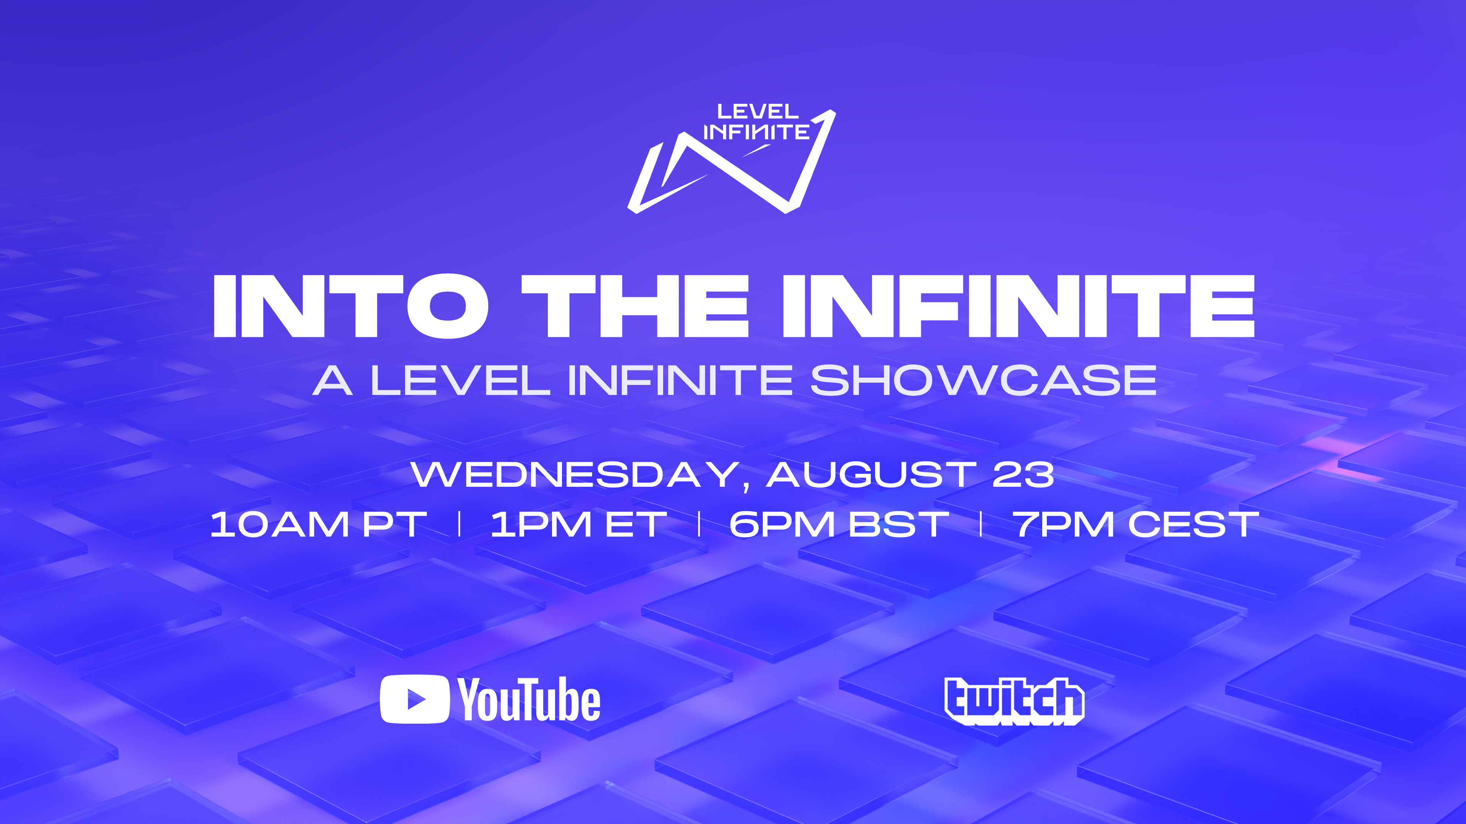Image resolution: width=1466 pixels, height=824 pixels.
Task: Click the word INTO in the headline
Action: click(x=350, y=306)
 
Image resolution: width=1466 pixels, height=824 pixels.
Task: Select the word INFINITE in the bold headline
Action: click(x=1019, y=306)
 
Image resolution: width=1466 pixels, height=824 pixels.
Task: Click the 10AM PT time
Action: click(x=319, y=524)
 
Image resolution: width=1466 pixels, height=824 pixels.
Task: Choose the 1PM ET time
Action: click(x=579, y=524)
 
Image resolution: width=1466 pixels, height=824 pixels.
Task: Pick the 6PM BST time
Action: click(x=839, y=524)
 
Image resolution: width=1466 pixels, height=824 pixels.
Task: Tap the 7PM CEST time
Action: click(x=1136, y=524)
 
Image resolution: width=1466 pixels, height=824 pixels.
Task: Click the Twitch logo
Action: click(x=1014, y=701)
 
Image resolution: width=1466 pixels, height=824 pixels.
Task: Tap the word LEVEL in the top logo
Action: click(x=757, y=111)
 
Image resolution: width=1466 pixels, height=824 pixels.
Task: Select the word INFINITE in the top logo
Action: click(x=756, y=132)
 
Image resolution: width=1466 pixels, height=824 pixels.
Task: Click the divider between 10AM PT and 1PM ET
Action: click(x=460, y=524)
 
